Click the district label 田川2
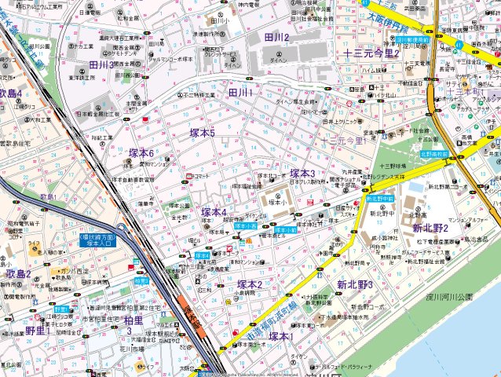(276, 37)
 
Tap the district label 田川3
(103, 64)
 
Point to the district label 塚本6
(141, 152)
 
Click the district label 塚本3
(302, 173)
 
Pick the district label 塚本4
(214, 212)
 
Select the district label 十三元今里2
(372, 53)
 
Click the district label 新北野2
(430, 228)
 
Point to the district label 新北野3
(355, 284)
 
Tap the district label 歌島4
(11, 94)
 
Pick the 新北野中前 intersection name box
(379, 199)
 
